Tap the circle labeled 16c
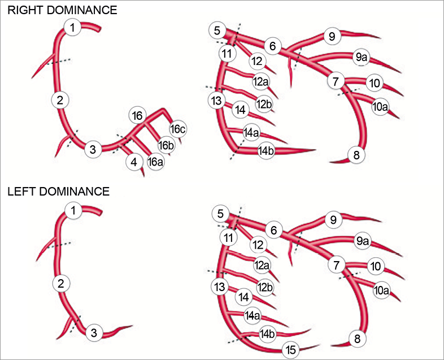(178, 129)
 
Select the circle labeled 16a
(155, 162)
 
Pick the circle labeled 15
(290, 350)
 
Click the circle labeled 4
(134, 162)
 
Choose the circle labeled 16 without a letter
(137, 116)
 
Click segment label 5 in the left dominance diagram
(220, 215)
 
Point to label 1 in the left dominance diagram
(72, 211)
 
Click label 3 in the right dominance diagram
(93, 150)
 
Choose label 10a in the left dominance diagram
(382, 290)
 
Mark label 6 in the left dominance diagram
(274, 230)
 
